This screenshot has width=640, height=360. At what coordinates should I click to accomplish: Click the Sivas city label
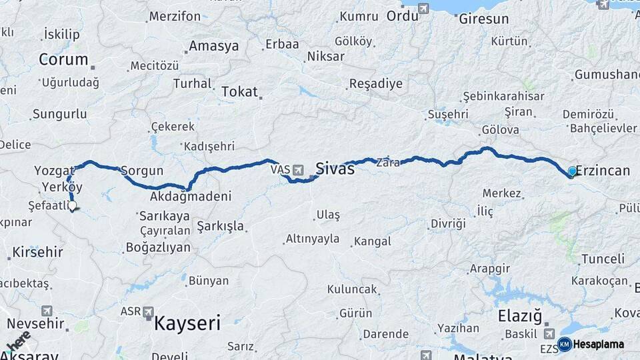tap(335, 168)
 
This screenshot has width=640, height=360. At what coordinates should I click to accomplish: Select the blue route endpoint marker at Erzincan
tap(572, 171)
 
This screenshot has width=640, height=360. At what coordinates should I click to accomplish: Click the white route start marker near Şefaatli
tap(72, 207)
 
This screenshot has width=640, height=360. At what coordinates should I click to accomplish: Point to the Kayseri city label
tap(187, 324)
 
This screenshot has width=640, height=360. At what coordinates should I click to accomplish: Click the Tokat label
tap(239, 92)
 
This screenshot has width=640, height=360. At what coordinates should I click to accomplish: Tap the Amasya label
tap(213, 46)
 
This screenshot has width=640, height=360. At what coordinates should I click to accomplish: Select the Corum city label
tap(63, 59)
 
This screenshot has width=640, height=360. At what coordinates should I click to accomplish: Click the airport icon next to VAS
tap(298, 170)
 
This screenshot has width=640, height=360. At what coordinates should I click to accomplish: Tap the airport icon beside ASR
tap(148, 311)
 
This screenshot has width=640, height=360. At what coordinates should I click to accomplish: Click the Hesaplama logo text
tap(598, 344)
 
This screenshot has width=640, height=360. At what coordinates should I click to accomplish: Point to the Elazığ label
tap(520, 315)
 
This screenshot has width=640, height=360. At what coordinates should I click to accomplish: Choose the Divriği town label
tap(448, 223)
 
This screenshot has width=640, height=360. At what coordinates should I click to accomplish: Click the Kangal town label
tap(373, 241)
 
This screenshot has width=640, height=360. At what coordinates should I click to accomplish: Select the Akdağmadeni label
tap(191, 197)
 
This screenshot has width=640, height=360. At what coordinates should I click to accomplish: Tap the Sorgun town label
tap(138, 170)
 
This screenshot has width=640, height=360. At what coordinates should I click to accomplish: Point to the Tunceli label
tap(602, 259)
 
